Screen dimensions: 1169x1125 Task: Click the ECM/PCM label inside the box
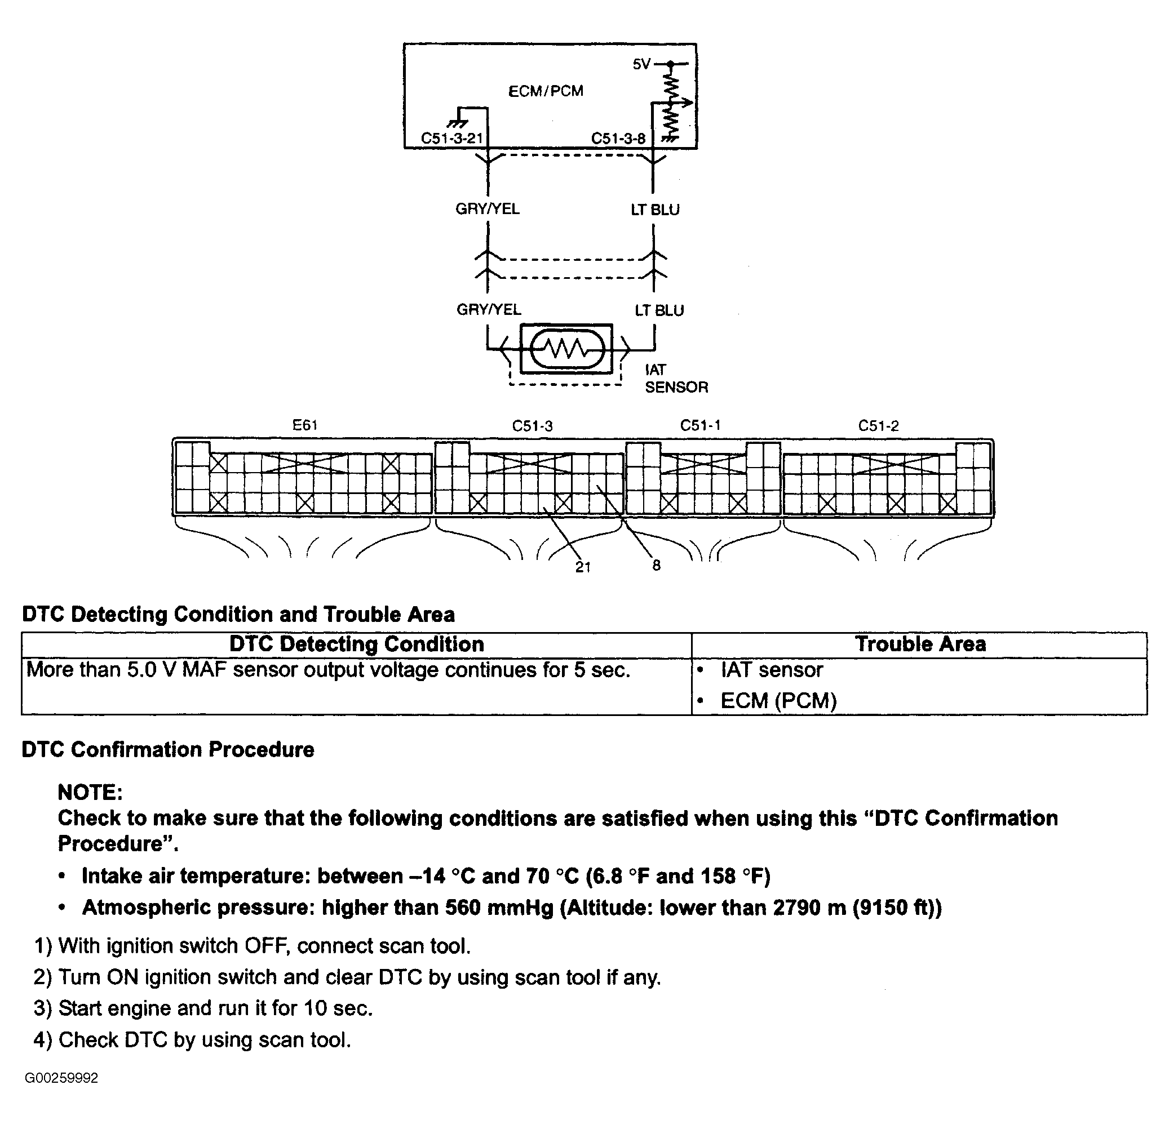click(x=546, y=91)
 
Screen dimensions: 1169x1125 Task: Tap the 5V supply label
click(x=642, y=64)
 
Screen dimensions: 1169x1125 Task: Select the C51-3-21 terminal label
click(x=451, y=139)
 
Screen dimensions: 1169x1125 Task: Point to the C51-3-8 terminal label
click(x=618, y=139)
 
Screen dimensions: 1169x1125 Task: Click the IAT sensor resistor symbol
click(x=567, y=349)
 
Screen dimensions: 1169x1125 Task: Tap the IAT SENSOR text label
click(x=676, y=379)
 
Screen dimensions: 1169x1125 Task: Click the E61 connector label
click(x=305, y=425)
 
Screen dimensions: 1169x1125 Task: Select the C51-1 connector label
click(x=700, y=425)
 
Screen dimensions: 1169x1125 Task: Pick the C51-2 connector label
click(x=878, y=426)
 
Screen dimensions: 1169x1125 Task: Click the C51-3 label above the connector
click(x=532, y=426)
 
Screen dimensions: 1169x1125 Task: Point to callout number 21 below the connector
click(x=583, y=567)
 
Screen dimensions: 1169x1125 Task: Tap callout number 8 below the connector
click(x=656, y=565)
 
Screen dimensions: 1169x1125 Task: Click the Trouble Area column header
click(x=920, y=644)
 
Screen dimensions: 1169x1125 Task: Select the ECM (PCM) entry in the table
click(x=778, y=700)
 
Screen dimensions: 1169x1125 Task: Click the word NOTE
click(x=90, y=792)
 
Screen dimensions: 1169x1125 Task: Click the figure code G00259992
click(x=61, y=1078)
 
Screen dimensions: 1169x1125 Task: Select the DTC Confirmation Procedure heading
click(x=167, y=749)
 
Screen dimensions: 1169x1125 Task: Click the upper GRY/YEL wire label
click(x=488, y=208)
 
